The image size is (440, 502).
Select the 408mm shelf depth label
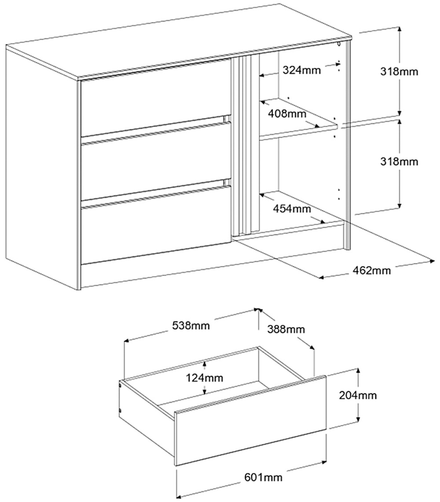tap(286, 114)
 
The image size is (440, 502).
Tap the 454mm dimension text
tap(291, 208)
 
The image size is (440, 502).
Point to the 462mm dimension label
tap(372, 270)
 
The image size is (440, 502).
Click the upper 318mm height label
tap(399, 71)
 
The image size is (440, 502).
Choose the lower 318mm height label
tap(399, 161)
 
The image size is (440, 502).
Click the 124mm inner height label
tap(204, 377)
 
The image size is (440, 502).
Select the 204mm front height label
tap(358, 395)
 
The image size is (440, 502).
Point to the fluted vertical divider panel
tap(245, 145)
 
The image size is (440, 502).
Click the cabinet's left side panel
tap(42, 167)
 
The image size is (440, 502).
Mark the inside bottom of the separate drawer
tap(220, 398)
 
